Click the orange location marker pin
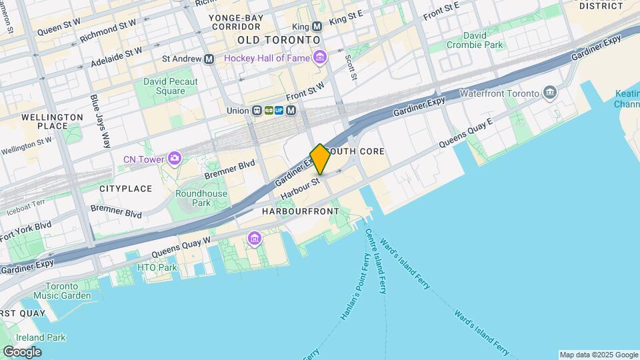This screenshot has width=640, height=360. coord(320,159)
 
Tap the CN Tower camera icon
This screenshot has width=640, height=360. coord(175,159)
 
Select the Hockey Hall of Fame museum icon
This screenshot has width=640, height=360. coord(320,58)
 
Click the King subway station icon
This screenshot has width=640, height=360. coord(317,27)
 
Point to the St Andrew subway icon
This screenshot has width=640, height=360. coord(209,59)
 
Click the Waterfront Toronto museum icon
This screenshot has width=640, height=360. coord(550,91)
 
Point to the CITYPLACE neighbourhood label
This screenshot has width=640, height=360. coord(126,189)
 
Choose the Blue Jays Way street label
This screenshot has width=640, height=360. coord(101,121)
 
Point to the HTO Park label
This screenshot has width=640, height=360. coord(157,267)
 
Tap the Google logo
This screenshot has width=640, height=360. coord(22,351)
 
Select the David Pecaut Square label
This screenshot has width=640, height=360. coord(171,86)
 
